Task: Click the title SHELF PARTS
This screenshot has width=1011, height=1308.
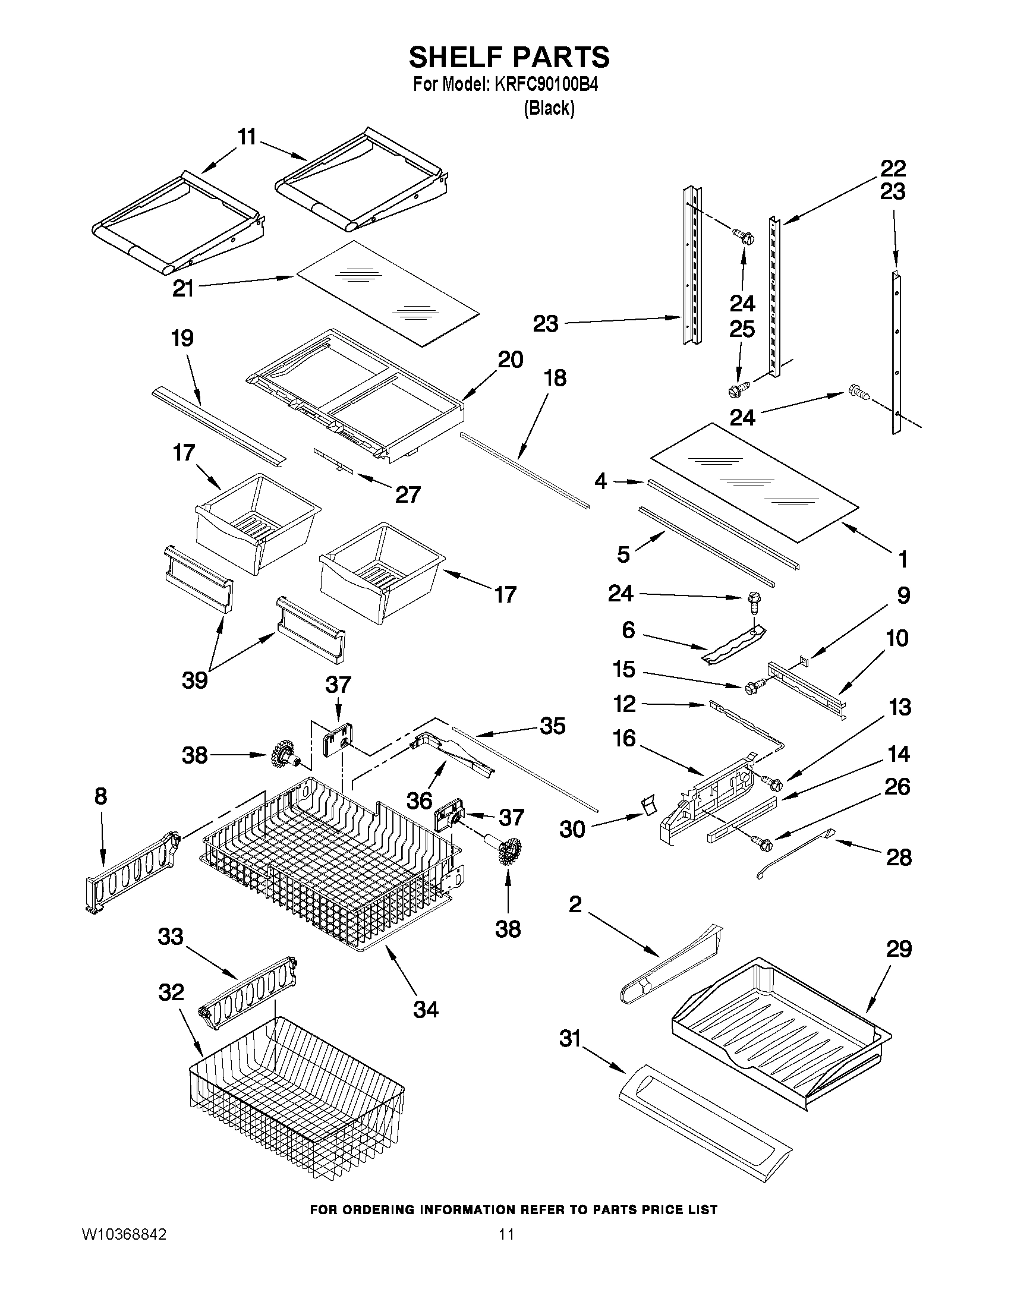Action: (x=509, y=58)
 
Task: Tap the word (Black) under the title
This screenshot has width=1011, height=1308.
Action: (x=549, y=108)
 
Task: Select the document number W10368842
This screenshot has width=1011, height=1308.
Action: (x=124, y=1234)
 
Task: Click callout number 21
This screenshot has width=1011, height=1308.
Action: (x=182, y=289)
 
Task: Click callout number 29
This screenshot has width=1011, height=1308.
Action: (x=899, y=949)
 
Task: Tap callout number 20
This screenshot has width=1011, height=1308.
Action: (x=511, y=360)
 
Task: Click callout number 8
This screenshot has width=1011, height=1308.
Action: (x=100, y=796)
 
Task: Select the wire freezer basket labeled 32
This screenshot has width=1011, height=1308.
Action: (x=297, y=1102)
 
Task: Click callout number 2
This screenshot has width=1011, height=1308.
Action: (x=574, y=904)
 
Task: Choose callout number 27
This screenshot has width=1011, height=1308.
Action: (x=407, y=494)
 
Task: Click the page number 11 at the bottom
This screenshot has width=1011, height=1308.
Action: (x=506, y=1234)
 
